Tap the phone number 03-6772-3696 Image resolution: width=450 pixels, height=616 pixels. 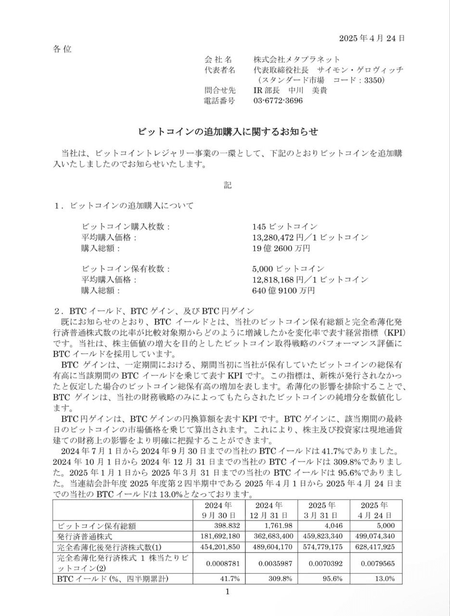(x=278, y=101)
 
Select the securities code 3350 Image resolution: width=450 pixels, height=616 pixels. (x=374, y=80)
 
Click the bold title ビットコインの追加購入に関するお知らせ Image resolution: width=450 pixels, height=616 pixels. (x=228, y=131)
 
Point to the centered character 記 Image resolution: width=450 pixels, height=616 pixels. (x=228, y=185)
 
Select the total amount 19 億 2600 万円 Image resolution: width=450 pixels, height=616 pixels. (x=281, y=248)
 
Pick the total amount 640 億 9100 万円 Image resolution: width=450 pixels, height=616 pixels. (x=283, y=291)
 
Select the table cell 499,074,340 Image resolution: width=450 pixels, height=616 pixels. (x=373, y=536)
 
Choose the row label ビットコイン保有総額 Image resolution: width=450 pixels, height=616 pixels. (x=97, y=526)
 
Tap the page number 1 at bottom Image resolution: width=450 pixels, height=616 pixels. (x=228, y=591)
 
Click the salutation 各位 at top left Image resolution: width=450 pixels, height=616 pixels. (x=62, y=49)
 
